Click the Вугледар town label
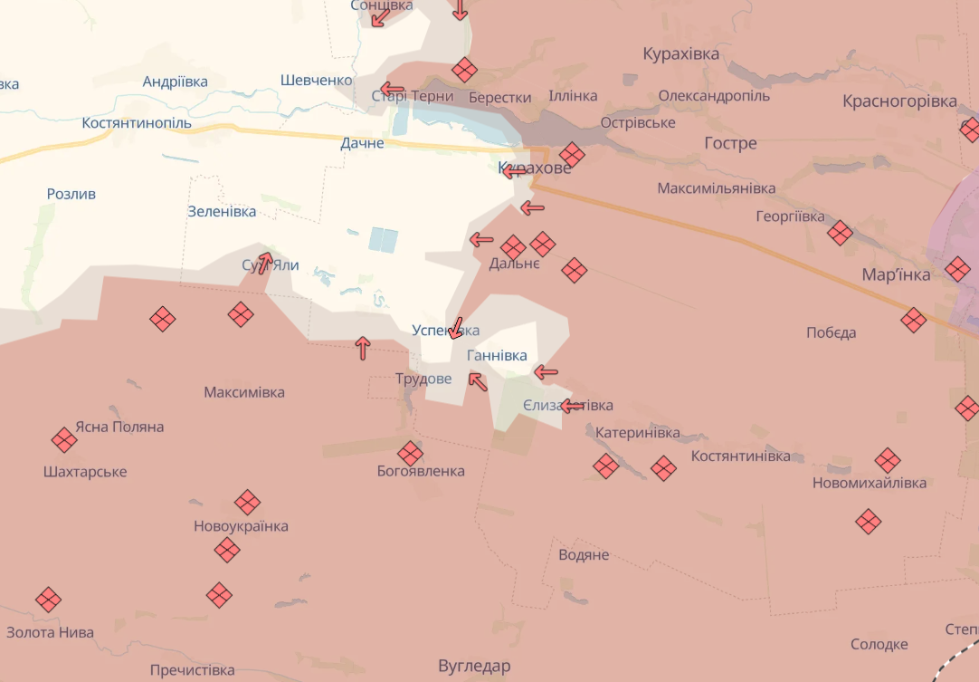(x=474, y=667)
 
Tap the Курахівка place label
(x=681, y=54)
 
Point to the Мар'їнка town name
(x=896, y=274)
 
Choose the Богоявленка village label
(x=421, y=471)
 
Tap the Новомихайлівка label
(x=870, y=483)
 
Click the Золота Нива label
(x=50, y=632)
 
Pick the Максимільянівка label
(x=717, y=188)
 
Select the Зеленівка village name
(x=222, y=212)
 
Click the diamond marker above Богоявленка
(x=410, y=453)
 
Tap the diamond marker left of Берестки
(x=464, y=70)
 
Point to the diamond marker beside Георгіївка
(x=840, y=233)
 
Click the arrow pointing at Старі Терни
(x=392, y=88)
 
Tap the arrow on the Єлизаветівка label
(x=571, y=406)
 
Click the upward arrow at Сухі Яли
(x=265, y=263)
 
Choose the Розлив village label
(x=71, y=194)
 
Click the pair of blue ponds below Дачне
(x=383, y=240)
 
